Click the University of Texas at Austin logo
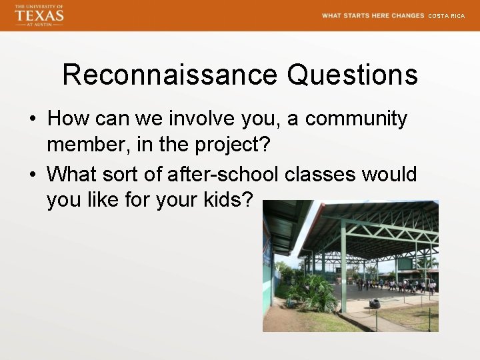coord(39,15)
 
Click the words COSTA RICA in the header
coord(446,15)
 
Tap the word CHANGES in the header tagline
coord(408,15)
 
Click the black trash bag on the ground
coord(375,303)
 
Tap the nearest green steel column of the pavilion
coord(343,267)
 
